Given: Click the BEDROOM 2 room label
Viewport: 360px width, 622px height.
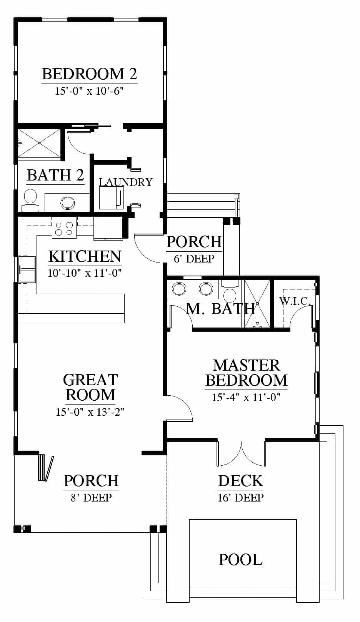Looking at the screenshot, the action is [89, 74].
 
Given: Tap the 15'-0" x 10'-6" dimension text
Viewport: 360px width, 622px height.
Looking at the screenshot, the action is [89, 91].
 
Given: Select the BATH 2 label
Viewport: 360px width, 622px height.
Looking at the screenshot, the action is [55, 175].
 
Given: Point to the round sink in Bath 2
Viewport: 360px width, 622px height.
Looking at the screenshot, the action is [67, 203].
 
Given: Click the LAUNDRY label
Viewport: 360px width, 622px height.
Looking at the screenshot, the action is [126, 182].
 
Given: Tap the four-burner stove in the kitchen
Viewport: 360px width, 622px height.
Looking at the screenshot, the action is [64, 228].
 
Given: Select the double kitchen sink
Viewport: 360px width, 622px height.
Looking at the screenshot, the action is [27, 269].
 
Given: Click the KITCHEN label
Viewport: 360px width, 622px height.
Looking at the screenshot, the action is [85, 256].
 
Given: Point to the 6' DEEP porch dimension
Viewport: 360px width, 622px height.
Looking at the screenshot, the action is [194, 259].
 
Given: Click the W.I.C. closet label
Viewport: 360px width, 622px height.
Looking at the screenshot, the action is [295, 301].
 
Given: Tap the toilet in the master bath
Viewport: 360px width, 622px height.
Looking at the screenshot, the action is [230, 292].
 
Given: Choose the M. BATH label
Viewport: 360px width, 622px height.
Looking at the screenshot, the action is [220, 309].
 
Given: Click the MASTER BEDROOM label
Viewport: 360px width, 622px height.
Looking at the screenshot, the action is [247, 373].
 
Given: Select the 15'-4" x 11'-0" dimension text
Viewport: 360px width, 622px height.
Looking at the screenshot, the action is [247, 397].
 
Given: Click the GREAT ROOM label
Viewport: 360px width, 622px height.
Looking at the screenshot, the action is [90, 387].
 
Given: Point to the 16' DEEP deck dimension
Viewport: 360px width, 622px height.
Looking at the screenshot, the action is [241, 498].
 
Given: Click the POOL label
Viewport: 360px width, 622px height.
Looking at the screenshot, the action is [241, 560].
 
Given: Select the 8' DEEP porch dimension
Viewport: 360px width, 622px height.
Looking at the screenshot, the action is [91, 498].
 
